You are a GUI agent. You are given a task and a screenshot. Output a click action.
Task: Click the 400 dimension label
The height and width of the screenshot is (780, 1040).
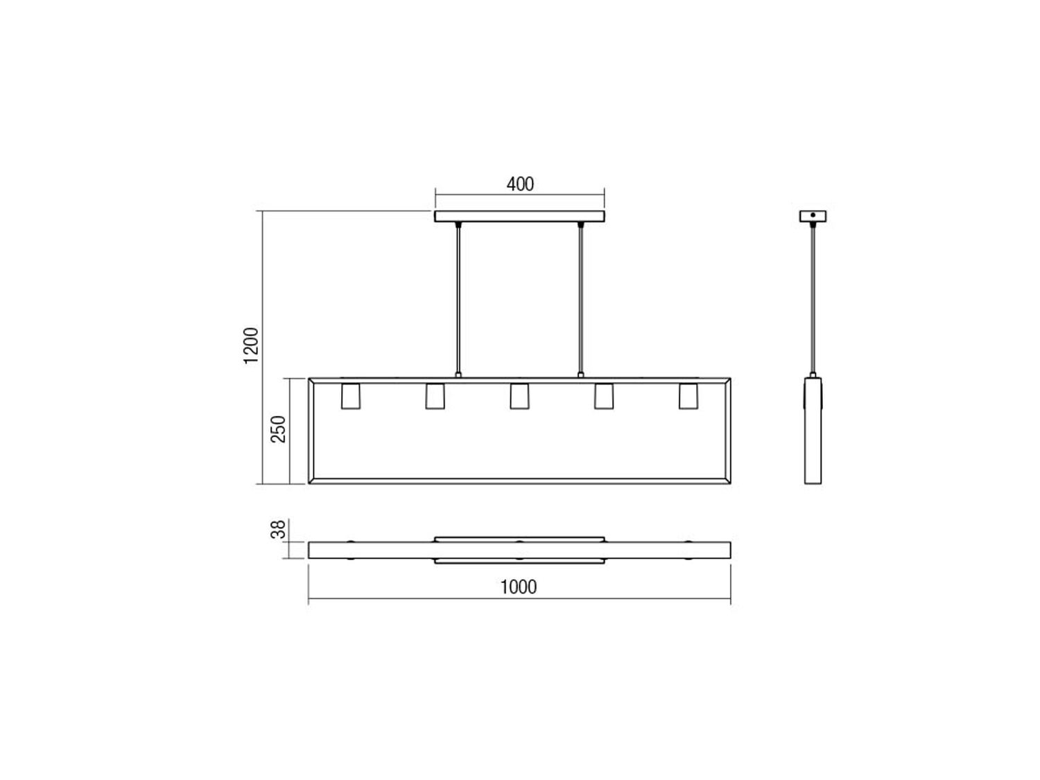coord(520,184)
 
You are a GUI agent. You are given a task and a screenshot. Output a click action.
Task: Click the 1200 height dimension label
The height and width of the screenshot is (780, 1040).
coord(251,346)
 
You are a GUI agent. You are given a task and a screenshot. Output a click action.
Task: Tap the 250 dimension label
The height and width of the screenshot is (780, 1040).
coord(278,429)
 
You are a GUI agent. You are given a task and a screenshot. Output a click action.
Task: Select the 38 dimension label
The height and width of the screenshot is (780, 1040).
coord(278,530)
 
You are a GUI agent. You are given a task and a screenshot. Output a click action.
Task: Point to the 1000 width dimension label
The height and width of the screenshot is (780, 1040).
coord(519,587)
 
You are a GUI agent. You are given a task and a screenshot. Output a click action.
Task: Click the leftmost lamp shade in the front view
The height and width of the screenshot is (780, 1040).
coord(351,396)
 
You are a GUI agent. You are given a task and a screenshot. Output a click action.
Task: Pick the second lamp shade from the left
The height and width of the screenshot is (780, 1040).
coord(435,396)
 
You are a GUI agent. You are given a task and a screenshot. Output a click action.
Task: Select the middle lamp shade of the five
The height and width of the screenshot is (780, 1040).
coord(519,396)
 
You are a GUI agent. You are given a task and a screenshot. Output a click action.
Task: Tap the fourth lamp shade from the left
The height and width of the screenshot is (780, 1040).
coord(604,396)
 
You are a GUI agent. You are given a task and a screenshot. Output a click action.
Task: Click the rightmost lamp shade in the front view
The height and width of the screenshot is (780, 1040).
coord(688,396)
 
